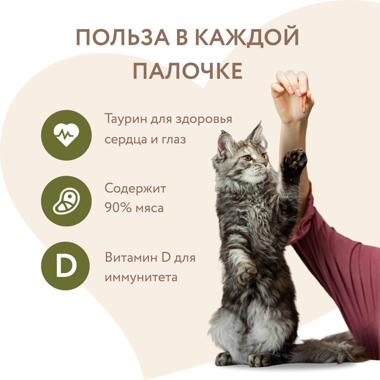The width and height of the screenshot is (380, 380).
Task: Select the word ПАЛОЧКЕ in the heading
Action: [187, 71]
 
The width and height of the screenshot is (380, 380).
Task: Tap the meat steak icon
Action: [66, 201]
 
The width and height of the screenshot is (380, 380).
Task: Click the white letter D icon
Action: [66, 266]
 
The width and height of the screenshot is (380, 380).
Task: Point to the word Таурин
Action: [126, 119]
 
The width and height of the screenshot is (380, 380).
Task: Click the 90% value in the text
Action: [118, 208]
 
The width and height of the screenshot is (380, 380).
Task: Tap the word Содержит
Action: [135, 189]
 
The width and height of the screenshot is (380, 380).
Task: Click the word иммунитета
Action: [141, 277]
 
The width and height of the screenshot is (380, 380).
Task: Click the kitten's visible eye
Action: [247, 158]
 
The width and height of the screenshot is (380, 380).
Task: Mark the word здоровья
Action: [204, 119]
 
